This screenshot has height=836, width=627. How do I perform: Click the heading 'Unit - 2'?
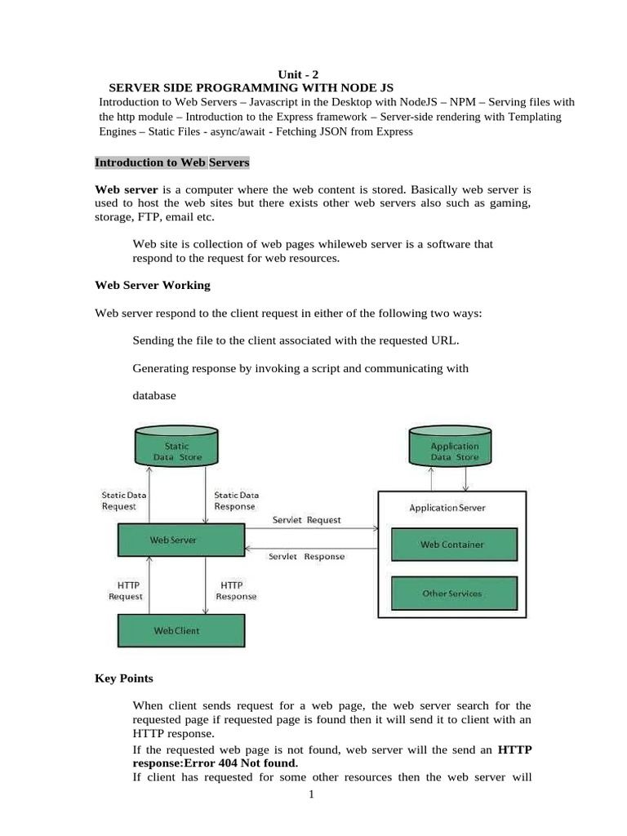(300, 73)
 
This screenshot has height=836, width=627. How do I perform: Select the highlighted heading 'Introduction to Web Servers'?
(172, 162)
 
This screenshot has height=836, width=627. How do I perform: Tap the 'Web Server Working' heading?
(153, 285)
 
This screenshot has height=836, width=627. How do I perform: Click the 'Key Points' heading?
(124, 678)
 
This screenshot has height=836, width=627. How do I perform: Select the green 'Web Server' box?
(181, 540)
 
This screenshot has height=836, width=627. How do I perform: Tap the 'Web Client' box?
(181, 630)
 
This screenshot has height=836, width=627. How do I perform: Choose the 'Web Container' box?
(452, 545)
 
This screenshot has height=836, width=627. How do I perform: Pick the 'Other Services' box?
(452, 594)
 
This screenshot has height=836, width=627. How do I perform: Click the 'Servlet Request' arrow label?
(305, 519)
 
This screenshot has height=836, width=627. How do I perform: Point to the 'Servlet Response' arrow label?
(307, 557)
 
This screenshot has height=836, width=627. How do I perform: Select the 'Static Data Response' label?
(236, 500)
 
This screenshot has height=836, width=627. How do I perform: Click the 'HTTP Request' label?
(126, 591)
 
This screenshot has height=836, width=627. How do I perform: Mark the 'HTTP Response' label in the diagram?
(236, 591)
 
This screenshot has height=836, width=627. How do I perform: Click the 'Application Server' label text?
(447, 508)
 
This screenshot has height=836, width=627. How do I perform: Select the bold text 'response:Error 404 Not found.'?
(215, 763)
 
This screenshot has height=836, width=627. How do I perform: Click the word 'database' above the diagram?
(154, 396)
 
